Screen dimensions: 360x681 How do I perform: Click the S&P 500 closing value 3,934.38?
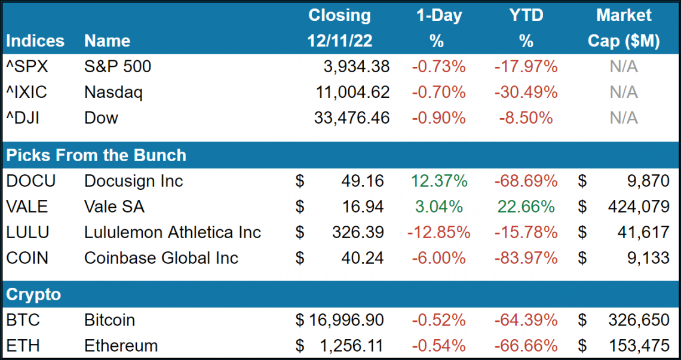pyautogui.click(x=352, y=67)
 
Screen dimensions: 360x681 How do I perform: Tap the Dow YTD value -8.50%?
pyautogui.click(x=526, y=118)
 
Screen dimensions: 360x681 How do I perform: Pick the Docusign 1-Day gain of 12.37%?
pyautogui.click(x=438, y=181)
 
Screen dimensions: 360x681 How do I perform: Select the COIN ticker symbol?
pyautogui.click(x=27, y=258)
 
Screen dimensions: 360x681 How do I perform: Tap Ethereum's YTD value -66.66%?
pyautogui.click(x=526, y=346)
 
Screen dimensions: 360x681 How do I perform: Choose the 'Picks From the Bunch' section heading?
pyautogui.click(x=96, y=155)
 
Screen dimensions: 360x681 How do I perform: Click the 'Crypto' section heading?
pyautogui.click(x=33, y=294)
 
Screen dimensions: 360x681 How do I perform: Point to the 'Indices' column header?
pyautogui.click(x=35, y=41)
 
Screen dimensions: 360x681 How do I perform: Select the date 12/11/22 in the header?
pyautogui.click(x=340, y=41)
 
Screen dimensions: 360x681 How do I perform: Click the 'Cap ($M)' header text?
pyautogui.click(x=624, y=41)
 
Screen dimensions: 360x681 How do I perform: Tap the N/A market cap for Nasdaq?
pyautogui.click(x=624, y=93)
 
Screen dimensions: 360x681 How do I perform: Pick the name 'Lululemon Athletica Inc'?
pyautogui.click(x=173, y=232)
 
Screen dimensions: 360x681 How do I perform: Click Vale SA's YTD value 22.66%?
pyautogui.click(x=526, y=207)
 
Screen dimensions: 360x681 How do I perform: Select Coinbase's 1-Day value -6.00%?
pyautogui.click(x=438, y=258)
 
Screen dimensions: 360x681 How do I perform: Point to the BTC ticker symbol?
pyautogui.click(x=23, y=320)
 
